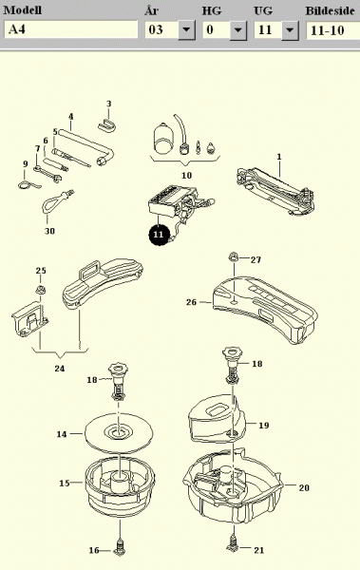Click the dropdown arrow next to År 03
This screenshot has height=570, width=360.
[186, 29]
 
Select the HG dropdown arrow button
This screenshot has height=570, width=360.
[238, 29]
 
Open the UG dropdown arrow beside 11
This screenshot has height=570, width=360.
[290, 29]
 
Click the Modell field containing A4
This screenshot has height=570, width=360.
[71, 29]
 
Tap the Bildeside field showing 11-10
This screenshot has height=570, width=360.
[333, 29]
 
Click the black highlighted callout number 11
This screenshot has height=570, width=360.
[159, 235]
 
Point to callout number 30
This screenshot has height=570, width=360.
[49, 231]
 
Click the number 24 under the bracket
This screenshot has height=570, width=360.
[60, 369]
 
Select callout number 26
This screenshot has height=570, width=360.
[191, 302]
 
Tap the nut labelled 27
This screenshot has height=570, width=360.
[233, 257]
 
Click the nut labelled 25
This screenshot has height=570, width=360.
[40, 290]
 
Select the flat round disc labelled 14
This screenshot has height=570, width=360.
[119, 433]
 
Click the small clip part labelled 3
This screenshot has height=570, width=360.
[107, 125]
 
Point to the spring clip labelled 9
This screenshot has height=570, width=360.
[28, 185]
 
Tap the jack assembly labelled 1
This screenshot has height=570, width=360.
[275, 191]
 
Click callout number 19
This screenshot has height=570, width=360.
[264, 426]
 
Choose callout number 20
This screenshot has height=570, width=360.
[304, 488]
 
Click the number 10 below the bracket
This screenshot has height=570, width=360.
[186, 176]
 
